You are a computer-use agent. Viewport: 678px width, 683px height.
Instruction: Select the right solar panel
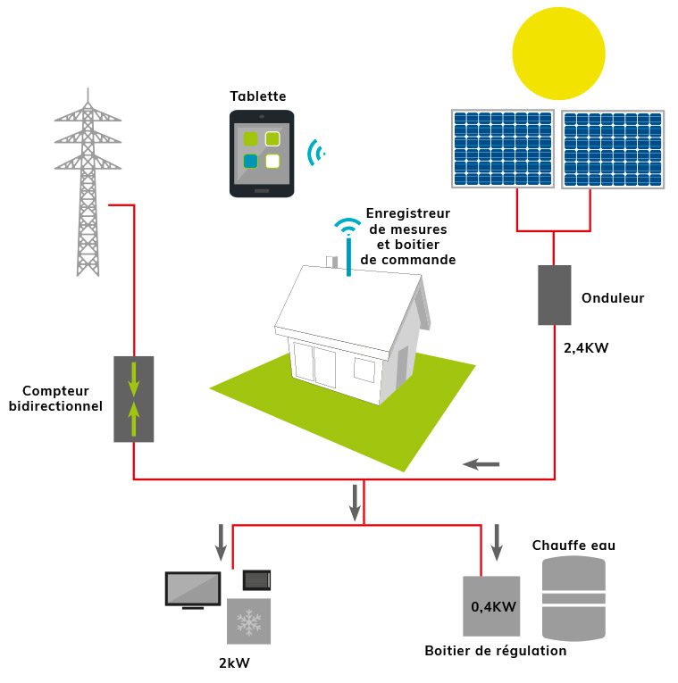(613, 149)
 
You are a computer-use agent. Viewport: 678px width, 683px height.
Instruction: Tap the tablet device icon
(262, 154)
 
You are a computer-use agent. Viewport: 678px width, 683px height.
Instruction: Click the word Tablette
(257, 96)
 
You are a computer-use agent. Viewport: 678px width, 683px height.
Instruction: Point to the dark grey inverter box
(554, 295)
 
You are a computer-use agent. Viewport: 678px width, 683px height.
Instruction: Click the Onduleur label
(612, 298)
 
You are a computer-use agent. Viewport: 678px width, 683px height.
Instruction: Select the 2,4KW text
(586, 348)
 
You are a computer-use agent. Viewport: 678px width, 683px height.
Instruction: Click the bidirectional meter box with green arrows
(133, 399)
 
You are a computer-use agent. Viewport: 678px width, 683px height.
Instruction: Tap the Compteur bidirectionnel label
(55, 398)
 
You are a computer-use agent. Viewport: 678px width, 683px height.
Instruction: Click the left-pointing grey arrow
(481, 463)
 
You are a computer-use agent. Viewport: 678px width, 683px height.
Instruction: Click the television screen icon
(192, 589)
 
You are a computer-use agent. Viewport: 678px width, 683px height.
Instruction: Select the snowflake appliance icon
(248, 621)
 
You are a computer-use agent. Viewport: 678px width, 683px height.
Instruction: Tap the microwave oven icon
(257, 580)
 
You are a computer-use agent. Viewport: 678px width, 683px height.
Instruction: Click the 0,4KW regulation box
(491, 607)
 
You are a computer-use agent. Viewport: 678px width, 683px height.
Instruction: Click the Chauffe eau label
(573, 546)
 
